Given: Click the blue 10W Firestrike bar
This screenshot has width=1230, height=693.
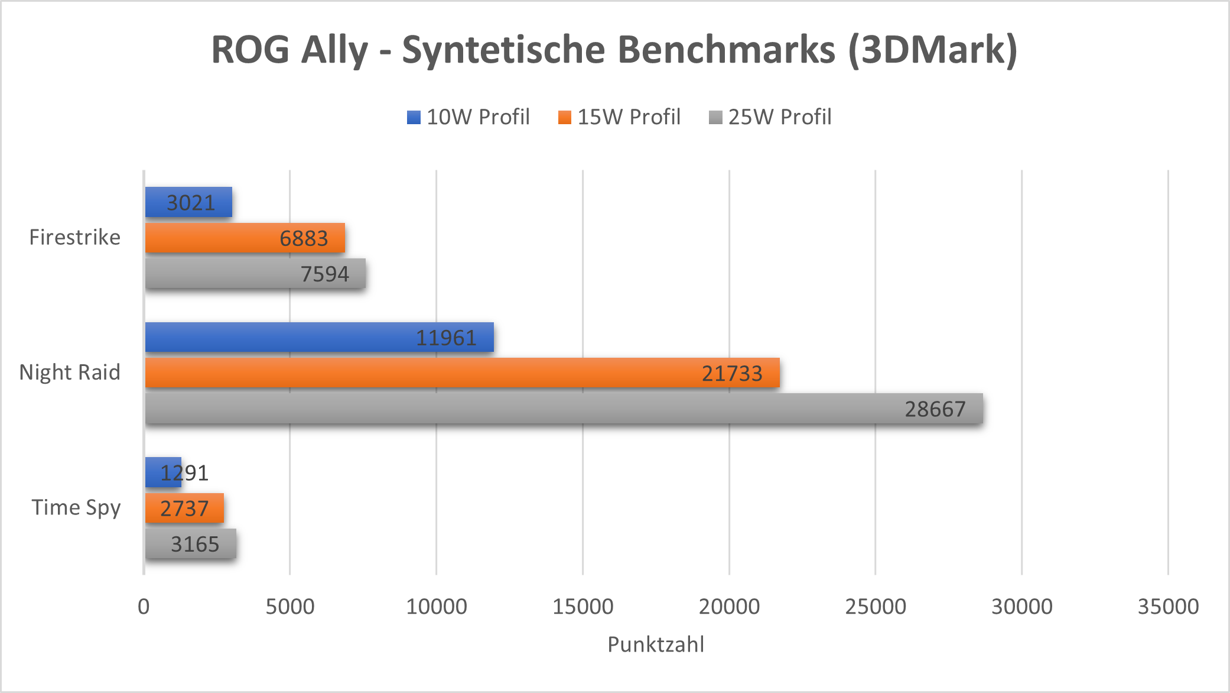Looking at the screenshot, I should (188, 202).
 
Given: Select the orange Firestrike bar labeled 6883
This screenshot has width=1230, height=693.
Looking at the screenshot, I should (245, 238).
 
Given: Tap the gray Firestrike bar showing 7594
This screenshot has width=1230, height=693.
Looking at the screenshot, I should (255, 273).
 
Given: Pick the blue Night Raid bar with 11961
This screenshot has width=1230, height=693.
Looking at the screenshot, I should (319, 337).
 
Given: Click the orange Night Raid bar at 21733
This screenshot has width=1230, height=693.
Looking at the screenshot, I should (462, 373).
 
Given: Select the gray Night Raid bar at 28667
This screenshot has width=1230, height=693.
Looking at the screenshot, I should (564, 409).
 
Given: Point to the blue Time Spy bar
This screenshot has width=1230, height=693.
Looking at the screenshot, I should (163, 472).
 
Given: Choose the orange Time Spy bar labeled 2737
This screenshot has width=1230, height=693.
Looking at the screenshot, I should (184, 508).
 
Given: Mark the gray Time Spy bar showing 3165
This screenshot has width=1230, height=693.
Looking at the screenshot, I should (190, 543).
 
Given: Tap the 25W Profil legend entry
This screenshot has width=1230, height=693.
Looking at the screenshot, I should (770, 117).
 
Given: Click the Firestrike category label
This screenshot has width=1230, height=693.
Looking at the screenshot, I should (75, 237).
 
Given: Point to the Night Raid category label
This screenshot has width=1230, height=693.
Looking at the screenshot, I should (70, 372).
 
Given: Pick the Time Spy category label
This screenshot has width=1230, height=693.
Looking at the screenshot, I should (76, 507).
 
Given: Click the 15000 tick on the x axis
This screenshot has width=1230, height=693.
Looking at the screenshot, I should (583, 606).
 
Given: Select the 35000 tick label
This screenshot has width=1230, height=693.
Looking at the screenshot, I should (1168, 606).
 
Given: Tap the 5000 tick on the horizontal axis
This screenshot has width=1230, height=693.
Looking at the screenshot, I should (289, 606).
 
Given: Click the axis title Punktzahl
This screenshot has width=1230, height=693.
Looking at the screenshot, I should (656, 644).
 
